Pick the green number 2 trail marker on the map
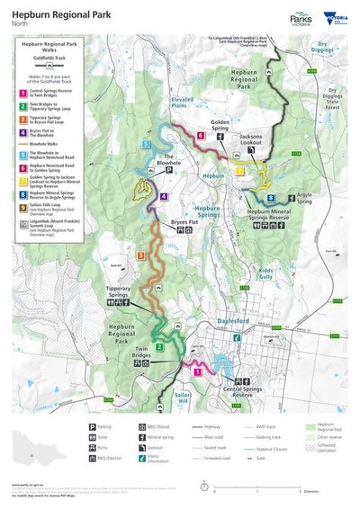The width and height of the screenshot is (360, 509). (159, 347)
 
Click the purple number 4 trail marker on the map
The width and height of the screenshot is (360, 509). (164, 196)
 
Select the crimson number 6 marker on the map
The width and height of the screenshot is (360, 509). (200, 136)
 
